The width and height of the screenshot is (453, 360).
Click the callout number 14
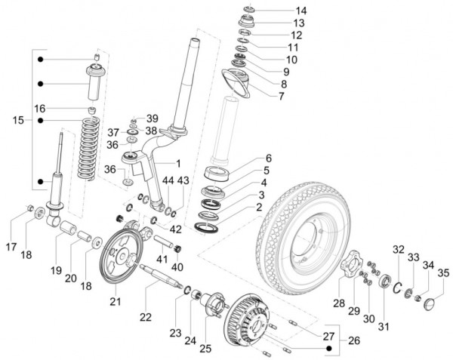(280, 11)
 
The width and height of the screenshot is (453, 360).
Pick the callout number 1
(178, 163)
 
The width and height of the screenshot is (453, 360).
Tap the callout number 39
(152, 118)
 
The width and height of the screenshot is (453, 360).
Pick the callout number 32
(398, 250)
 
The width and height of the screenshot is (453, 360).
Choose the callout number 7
(281, 96)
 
